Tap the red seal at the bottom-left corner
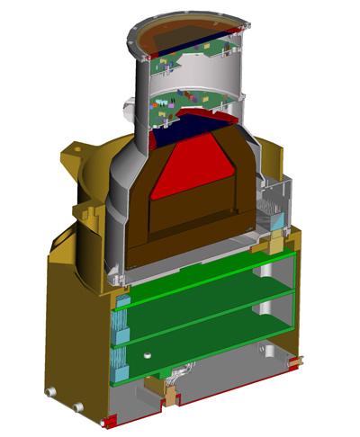pos(112,422)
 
